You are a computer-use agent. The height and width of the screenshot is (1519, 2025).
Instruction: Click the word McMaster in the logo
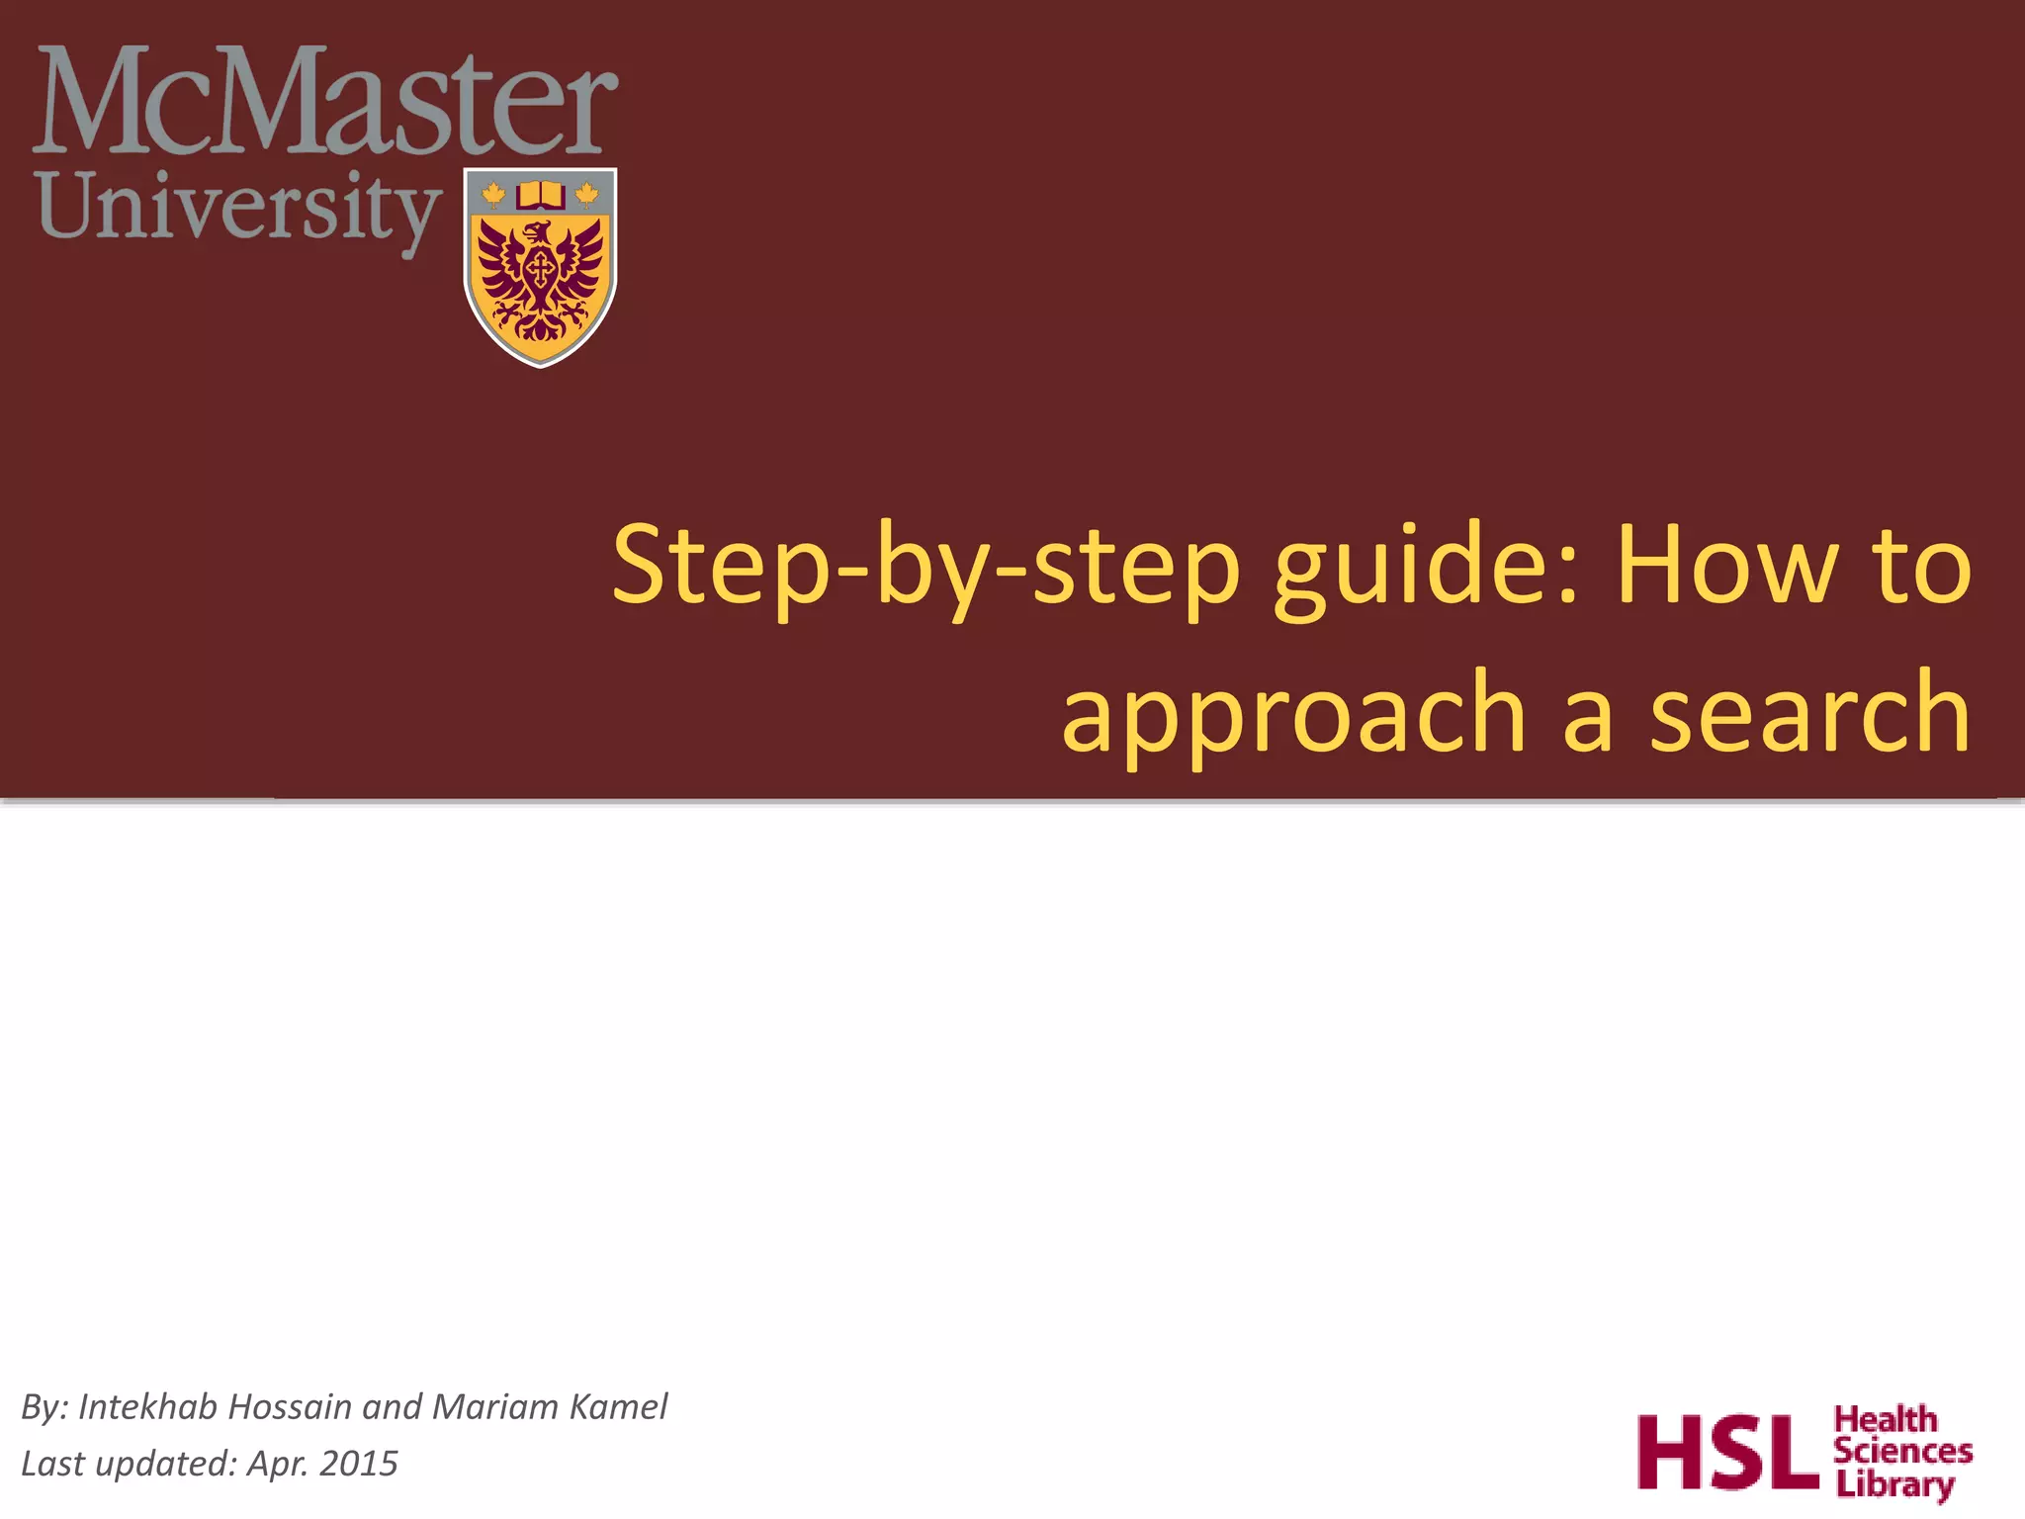[325, 104]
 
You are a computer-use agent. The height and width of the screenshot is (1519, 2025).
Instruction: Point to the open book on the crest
[540, 195]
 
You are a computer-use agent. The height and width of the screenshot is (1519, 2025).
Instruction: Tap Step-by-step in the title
[925, 569]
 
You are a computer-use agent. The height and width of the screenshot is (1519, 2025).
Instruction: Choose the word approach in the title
[1293, 714]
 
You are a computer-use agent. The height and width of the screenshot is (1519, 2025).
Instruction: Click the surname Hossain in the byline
[290, 1406]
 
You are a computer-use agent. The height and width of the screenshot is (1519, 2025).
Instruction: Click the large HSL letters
[1726, 1452]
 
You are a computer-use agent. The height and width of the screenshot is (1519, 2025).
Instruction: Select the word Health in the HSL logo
[1886, 1420]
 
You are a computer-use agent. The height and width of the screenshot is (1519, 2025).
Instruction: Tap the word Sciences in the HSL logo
[1902, 1452]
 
